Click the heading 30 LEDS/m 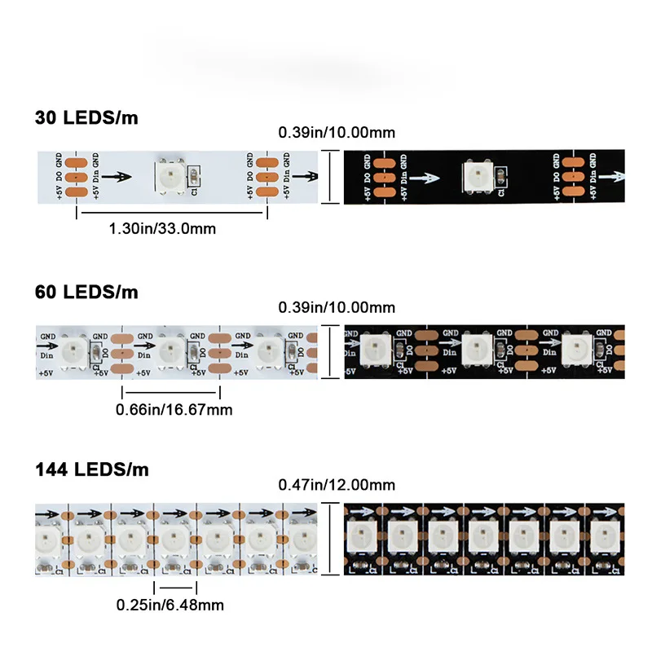pos(86,117)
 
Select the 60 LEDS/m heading pos(86,292)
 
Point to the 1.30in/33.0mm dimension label pos(162,229)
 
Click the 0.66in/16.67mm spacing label pos(174,409)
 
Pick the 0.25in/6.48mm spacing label pos(170,605)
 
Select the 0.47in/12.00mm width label pos(337,485)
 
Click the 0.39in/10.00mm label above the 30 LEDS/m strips pos(337,131)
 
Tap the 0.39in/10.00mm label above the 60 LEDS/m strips pos(337,307)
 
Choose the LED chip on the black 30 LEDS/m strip pos(476,175)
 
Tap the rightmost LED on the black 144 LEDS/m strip pos(601,537)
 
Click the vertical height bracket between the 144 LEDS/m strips pos(328,537)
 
